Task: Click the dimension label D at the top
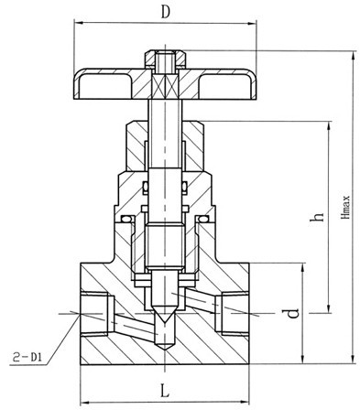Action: tap(165, 13)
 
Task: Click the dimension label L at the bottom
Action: tap(165, 391)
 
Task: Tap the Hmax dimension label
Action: tap(346, 207)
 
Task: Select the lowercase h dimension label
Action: tap(316, 216)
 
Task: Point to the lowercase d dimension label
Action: tap(293, 313)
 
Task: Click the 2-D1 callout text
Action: tap(27, 357)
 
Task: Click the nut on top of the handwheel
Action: tap(165, 59)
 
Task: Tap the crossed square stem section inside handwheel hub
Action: tap(165, 85)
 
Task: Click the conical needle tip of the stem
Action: tap(165, 316)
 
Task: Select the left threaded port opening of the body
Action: tap(94, 314)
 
